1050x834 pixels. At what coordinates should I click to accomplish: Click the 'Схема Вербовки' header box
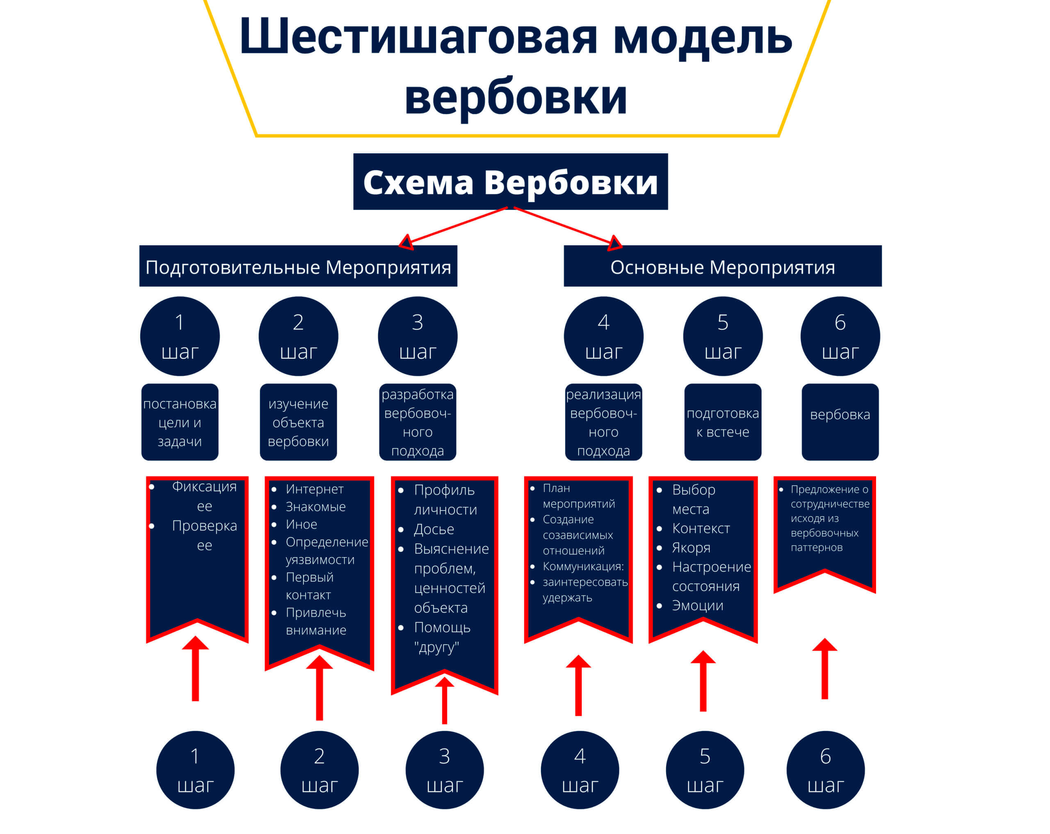pos(510,182)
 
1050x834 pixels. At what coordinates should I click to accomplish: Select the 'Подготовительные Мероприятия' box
pos(298,267)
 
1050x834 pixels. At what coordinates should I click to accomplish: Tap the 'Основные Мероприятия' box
pos(722,267)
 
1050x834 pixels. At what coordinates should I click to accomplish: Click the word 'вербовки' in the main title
pos(515,97)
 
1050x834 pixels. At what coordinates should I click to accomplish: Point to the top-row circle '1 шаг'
pos(180,336)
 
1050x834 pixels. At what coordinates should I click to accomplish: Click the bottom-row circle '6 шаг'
pos(825,770)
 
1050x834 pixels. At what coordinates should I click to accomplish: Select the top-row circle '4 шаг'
pos(603,336)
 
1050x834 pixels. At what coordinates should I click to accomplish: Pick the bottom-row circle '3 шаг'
pos(444,770)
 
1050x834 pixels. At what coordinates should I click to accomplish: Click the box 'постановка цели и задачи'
pos(180,422)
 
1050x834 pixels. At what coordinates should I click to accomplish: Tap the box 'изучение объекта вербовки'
pos(298,422)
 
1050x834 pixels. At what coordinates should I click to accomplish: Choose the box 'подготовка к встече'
pos(722,422)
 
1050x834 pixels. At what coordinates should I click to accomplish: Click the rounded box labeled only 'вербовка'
pos(840,421)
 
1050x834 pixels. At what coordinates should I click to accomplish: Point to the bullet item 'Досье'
pos(434,529)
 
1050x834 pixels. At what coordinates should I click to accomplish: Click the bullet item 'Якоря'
pos(691,548)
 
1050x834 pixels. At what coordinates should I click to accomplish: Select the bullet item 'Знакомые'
pos(315,507)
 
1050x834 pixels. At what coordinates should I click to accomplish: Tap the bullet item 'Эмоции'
pos(697,605)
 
